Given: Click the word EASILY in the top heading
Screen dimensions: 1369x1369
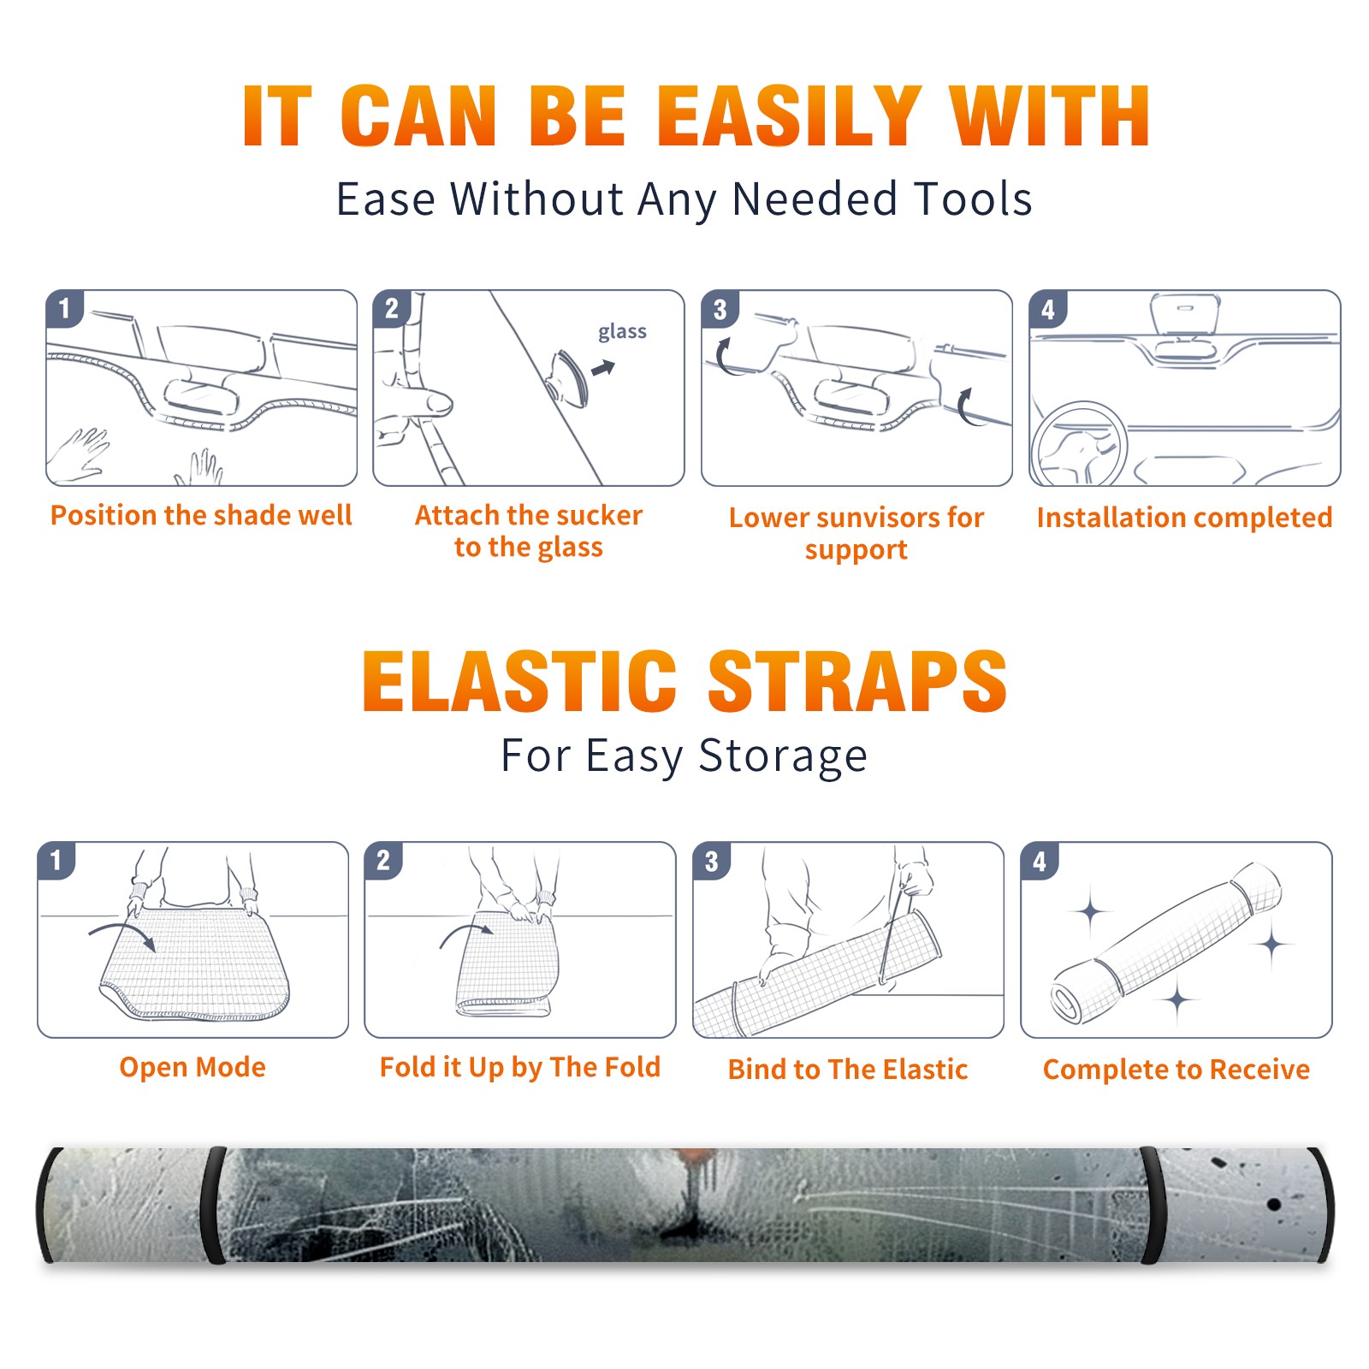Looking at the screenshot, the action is coord(788,116).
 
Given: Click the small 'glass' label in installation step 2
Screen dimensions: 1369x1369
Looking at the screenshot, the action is coord(622,331).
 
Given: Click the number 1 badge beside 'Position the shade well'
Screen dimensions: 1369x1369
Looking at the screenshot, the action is coord(64,308).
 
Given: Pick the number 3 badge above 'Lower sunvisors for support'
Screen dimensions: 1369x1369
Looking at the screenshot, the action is coord(720,309).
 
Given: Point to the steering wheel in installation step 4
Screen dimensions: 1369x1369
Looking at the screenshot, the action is coord(1079,444).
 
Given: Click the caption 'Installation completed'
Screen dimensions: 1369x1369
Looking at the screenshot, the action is coord(1184,517).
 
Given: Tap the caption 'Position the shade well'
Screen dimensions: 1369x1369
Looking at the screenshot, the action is coord(201,515).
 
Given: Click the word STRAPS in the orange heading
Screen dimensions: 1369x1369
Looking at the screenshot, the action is coord(857,681).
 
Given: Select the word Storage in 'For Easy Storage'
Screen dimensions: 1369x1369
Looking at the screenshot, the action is coord(783,756).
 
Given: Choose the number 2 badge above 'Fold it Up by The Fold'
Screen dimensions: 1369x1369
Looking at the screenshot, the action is coord(383,860).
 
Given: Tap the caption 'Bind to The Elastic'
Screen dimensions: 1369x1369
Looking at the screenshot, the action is coord(848,1069).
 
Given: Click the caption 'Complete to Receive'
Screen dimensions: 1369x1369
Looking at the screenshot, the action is coord(1176,1069).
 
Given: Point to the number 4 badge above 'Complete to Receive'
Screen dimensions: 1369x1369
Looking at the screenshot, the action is coord(1040,861).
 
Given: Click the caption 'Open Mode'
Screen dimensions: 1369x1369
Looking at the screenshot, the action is coord(193,1067).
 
